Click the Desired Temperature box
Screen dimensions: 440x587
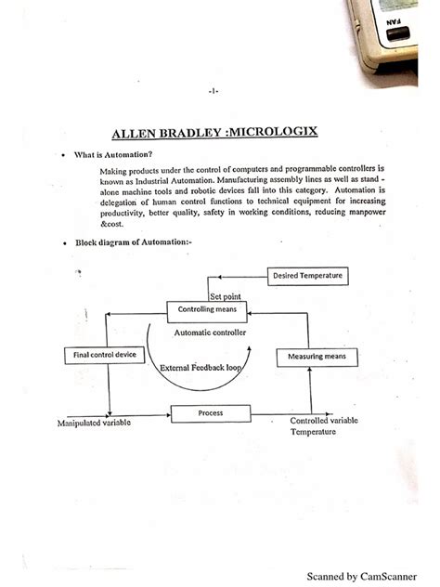[x=307, y=275]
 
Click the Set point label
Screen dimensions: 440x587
[x=226, y=295]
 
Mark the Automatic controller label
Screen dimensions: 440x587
[x=210, y=332]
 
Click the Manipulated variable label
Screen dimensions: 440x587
[x=95, y=424]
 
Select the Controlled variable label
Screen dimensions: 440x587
[x=324, y=421]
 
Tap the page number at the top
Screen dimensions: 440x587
[x=214, y=90]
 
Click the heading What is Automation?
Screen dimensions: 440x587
[x=113, y=154]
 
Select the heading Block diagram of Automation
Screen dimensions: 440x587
[x=134, y=241]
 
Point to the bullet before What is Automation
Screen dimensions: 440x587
[x=61, y=155]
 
